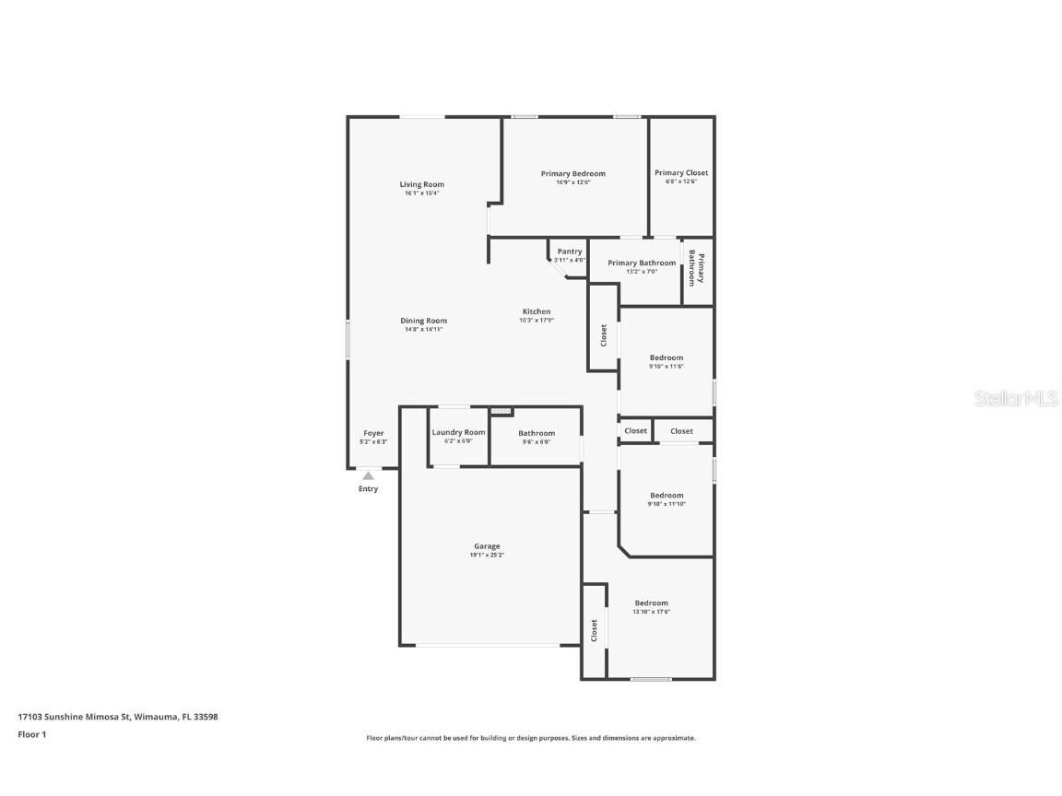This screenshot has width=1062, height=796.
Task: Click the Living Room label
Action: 421,184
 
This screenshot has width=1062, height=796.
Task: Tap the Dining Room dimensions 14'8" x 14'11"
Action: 423,330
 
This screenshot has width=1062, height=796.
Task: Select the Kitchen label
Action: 536,311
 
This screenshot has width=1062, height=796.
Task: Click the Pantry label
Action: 569,252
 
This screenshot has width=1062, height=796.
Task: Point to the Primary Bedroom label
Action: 572,173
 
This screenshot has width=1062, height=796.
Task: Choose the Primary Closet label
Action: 681,172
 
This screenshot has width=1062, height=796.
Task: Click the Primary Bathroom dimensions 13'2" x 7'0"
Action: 641,272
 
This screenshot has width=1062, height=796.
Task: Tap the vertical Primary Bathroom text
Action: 697,268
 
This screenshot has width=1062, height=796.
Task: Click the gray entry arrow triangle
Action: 368,475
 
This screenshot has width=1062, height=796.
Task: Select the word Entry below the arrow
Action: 368,489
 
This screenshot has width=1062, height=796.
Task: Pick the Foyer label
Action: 373,433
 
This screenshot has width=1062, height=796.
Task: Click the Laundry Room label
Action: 458,432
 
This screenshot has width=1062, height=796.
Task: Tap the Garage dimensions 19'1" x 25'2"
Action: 487,556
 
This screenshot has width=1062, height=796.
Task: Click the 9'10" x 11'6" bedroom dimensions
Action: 666,367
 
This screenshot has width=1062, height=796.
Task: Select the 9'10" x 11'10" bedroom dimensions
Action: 666,504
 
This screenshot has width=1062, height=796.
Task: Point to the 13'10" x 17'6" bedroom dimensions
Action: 651,612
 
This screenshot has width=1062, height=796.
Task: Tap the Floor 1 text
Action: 31,734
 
